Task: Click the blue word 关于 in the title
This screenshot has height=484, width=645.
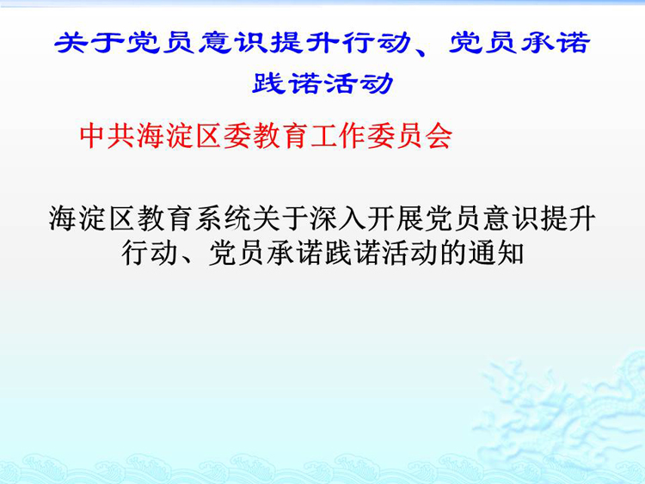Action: tap(89, 42)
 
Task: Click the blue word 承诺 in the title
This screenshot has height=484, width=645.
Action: tap(556, 42)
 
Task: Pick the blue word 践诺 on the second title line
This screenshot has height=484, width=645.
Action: tap(286, 83)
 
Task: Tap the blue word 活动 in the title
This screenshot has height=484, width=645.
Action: tap(359, 83)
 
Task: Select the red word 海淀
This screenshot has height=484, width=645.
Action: tap(166, 136)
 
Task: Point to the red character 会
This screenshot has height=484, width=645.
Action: tap(439, 136)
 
